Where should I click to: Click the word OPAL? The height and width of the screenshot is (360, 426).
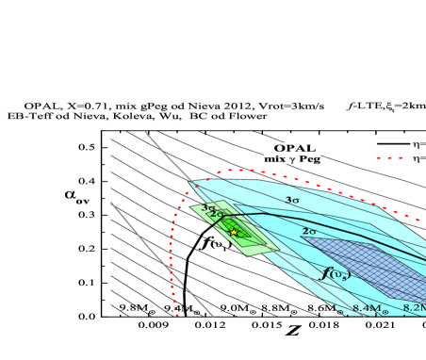(295, 148)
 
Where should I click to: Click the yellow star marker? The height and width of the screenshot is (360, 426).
(235, 232)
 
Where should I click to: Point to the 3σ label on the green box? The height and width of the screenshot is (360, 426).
(207, 208)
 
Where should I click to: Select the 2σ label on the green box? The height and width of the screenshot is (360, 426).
(217, 215)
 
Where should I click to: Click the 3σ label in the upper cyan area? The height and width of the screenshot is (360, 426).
(292, 200)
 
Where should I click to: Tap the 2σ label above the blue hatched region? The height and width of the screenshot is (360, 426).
(308, 231)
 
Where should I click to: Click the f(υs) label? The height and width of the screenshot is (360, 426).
(336, 273)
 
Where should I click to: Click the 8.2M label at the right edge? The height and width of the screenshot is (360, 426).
(415, 308)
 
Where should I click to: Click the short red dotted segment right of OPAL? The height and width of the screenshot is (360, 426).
(389, 157)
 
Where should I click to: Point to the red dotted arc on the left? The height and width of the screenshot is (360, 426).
(174, 245)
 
